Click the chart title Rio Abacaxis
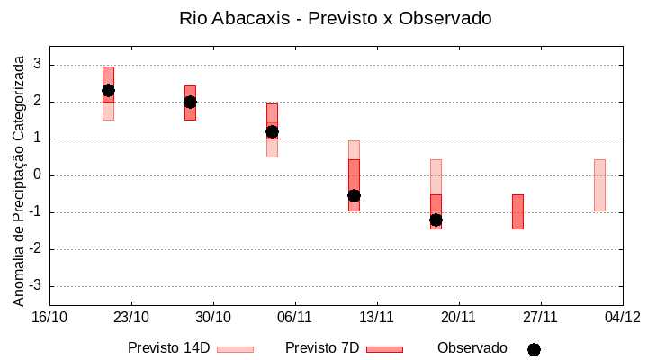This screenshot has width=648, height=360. point(335,18)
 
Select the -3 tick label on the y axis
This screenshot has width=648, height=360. point(35,286)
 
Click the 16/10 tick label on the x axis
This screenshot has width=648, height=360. point(49,317)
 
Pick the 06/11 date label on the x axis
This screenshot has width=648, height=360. point(294,317)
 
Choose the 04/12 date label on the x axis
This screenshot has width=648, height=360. point(622,317)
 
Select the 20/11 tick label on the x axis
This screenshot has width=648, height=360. point(458,317)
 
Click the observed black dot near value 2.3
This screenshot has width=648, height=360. point(108,90)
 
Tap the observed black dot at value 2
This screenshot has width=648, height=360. point(190,102)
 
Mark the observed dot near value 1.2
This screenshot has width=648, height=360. point(272,131)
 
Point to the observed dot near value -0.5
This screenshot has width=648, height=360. point(354,195)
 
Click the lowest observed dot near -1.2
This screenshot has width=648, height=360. point(436,220)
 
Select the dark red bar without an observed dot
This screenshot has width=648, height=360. point(517,211)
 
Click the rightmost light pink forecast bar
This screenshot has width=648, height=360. point(599,185)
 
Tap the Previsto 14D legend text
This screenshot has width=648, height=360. point(168,348)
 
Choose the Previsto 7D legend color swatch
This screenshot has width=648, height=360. point(384,349)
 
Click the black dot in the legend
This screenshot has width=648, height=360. point(534,349)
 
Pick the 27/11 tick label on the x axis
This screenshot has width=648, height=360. point(540,317)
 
